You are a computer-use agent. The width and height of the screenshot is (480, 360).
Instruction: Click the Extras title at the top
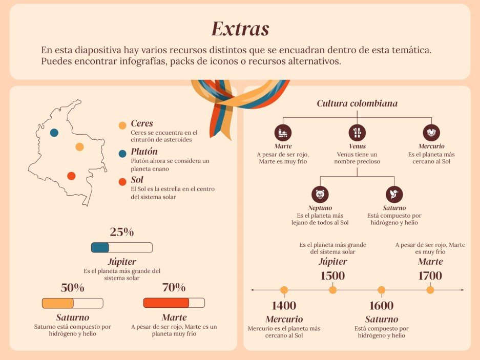(240, 29)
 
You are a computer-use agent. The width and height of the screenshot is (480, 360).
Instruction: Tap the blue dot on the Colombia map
(54, 133)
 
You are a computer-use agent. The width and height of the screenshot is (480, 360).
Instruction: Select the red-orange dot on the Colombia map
(71, 176)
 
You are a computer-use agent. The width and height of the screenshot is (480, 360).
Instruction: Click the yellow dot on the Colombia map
(79, 147)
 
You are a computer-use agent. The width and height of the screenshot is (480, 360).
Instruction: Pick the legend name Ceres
(142, 124)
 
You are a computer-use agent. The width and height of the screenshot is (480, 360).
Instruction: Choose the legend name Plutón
(144, 152)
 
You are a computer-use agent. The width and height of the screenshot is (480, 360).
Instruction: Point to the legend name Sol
(137, 180)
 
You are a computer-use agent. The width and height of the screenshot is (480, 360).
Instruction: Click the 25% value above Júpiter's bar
(122, 232)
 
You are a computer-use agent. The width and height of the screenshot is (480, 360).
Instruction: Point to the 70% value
(174, 287)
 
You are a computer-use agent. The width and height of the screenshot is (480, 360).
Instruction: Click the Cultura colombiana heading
(357, 103)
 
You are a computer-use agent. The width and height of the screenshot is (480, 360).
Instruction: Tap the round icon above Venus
(357, 132)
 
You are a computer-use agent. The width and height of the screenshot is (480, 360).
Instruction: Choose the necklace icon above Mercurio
(431, 132)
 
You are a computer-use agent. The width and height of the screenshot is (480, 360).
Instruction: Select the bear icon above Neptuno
(320, 194)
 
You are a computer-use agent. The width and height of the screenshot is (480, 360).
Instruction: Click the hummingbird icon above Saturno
(394, 194)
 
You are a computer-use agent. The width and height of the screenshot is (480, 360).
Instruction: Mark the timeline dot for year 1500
(333, 290)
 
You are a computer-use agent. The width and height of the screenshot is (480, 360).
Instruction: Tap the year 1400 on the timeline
(284, 306)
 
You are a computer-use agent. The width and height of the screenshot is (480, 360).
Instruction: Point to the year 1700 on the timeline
(430, 276)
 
